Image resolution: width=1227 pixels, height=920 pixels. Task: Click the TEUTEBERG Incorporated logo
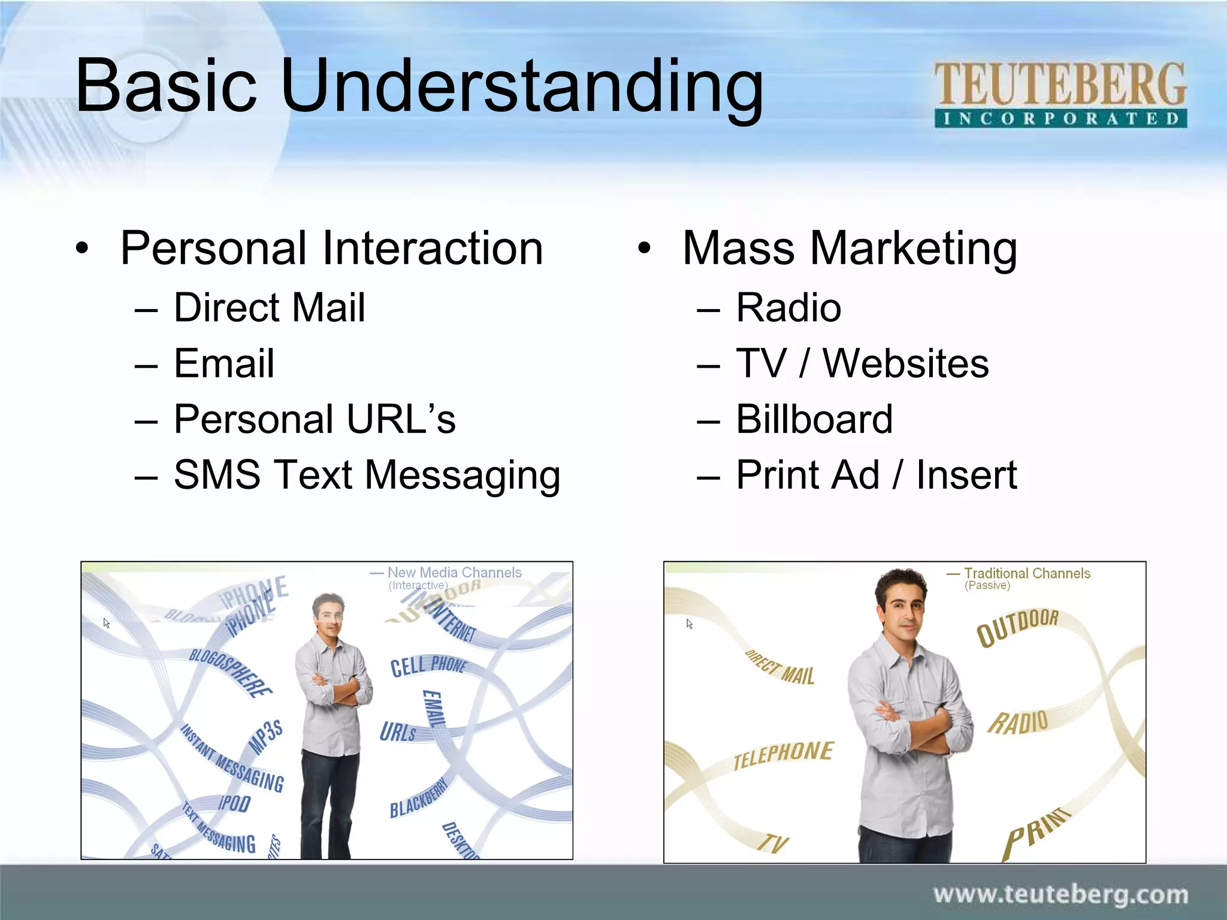[1060, 94]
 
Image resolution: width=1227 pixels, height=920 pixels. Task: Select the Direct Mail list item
[269, 308]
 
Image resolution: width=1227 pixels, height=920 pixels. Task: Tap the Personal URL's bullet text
[315, 419]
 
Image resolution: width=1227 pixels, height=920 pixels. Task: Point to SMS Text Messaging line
[367, 475]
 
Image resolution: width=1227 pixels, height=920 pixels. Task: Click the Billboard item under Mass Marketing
[814, 419]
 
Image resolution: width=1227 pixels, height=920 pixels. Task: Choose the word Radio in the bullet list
[788, 308]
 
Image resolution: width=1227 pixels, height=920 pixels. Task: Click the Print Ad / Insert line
[876, 475]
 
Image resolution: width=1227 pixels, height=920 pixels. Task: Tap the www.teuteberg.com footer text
[1060, 894]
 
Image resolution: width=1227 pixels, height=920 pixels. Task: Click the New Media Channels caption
[454, 573]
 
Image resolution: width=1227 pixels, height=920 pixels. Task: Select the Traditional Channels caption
[1026, 573]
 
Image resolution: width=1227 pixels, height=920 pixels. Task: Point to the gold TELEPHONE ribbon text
[783, 755]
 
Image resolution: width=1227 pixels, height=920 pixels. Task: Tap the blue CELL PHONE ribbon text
[428, 665]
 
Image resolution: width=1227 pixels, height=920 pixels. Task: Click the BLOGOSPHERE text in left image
[230, 671]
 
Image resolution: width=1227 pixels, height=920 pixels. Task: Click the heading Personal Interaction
[331, 248]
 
